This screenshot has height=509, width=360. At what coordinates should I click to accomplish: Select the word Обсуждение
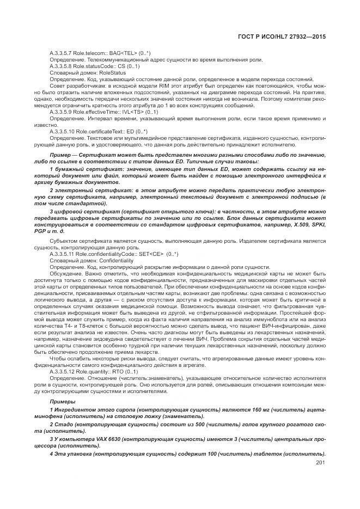click(64, 273)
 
